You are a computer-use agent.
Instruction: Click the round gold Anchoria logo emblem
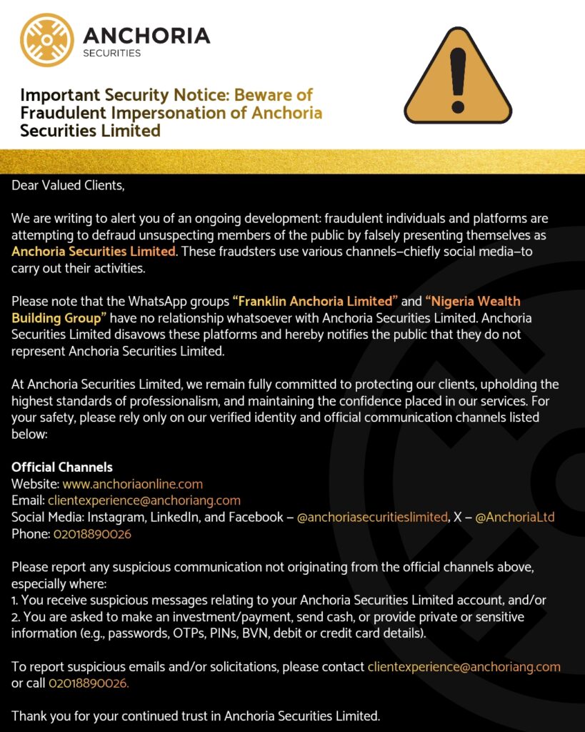click(x=47, y=40)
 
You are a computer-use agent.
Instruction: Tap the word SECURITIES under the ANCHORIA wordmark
click(x=112, y=53)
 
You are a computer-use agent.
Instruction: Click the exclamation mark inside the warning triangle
click(x=458, y=76)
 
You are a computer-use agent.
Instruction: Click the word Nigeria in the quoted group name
click(x=455, y=302)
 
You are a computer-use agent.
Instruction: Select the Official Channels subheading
click(x=62, y=468)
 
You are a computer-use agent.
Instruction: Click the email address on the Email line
click(x=144, y=500)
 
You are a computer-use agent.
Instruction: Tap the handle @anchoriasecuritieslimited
click(x=372, y=517)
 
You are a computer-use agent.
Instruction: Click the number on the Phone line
click(x=92, y=534)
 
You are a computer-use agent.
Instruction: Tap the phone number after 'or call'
click(x=89, y=684)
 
